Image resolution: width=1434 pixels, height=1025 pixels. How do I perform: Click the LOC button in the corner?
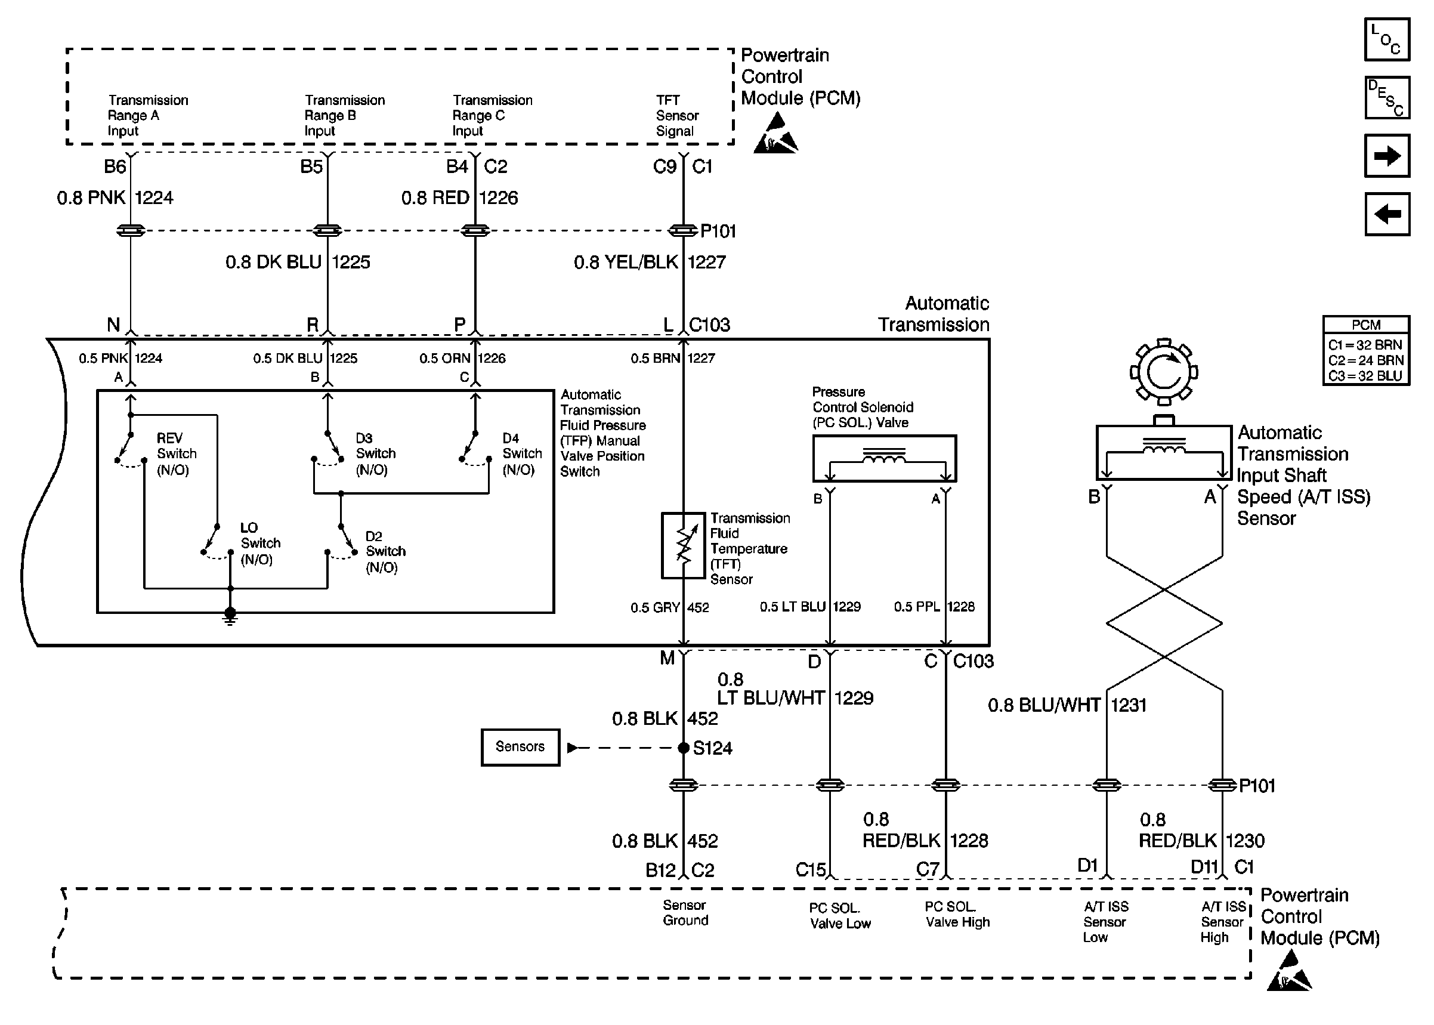click(1386, 40)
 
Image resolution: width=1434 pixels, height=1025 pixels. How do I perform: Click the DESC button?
click(1386, 98)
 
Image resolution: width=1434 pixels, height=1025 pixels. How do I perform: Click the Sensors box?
click(520, 748)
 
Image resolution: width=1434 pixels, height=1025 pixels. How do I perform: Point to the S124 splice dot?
click(683, 748)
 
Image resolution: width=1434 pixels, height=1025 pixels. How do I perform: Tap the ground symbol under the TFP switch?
click(230, 615)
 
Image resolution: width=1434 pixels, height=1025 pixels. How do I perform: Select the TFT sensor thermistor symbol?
click(682, 545)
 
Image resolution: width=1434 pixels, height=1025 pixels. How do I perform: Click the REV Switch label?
click(176, 454)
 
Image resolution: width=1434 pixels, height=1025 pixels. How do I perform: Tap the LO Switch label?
click(260, 544)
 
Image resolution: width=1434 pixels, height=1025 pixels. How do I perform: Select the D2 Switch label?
click(385, 552)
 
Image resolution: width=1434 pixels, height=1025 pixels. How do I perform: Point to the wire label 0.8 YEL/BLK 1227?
click(649, 262)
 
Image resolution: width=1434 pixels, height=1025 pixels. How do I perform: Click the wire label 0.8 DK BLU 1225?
click(297, 262)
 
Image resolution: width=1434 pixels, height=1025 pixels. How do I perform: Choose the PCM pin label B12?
click(660, 870)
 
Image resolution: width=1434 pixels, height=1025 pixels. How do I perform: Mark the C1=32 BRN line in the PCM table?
click(1365, 345)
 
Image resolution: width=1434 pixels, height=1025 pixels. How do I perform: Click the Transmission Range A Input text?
click(147, 116)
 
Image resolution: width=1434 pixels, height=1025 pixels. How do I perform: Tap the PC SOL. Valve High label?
click(956, 915)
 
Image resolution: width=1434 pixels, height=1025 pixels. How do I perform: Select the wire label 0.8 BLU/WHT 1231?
click(1066, 705)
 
